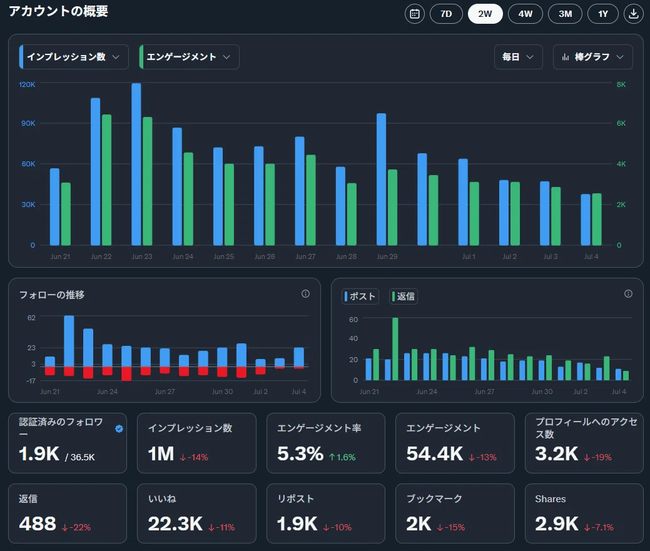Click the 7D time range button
coord(446,14)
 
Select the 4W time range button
coord(526,14)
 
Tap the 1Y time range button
coord(602,14)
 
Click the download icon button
coord(633,14)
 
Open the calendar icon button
coord(415,14)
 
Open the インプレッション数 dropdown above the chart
coord(74,57)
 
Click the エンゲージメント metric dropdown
coord(190,57)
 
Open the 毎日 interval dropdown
coord(518,57)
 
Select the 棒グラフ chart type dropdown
coord(593,57)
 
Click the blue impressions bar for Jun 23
coord(136,164)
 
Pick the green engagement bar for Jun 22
coord(106,179)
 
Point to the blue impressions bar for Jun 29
coord(382,179)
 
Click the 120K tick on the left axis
coord(27,84)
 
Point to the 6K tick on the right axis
coord(621,123)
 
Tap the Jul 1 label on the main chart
coord(469,256)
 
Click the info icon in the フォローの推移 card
coord(305,294)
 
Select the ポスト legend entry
coord(360,296)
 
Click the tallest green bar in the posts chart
coord(395,349)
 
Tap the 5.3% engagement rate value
coord(300,453)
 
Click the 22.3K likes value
coord(175,523)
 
